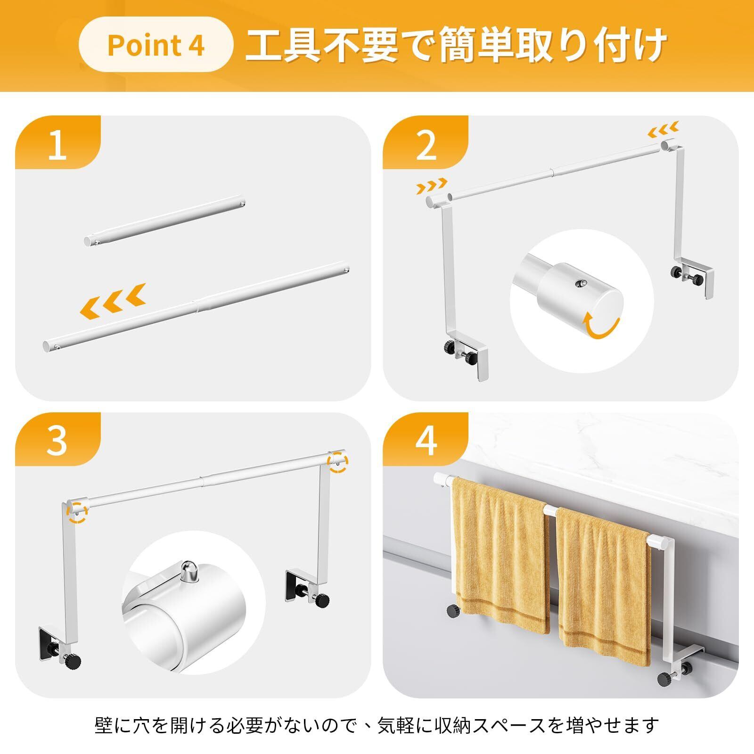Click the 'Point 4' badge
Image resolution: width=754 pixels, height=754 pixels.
(156, 44)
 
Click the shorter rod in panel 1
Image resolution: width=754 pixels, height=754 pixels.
(164, 221)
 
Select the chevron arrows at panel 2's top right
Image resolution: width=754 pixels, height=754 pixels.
(664, 127)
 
